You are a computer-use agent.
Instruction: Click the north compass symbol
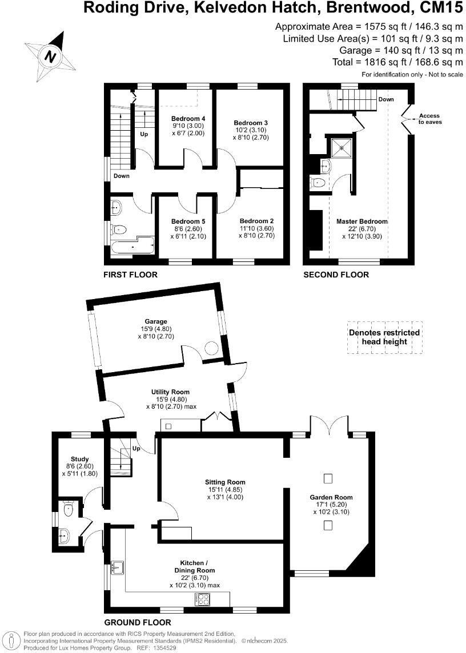(51, 56)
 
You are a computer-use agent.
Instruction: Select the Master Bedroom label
(361, 221)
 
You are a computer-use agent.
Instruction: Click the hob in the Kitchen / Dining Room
(202, 599)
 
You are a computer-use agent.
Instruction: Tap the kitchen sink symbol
(118, 567)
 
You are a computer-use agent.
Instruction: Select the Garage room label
(155, 321)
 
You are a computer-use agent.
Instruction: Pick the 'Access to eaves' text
(429, 119)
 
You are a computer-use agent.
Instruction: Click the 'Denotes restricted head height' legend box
(384, 337)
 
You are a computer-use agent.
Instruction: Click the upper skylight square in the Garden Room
(328, 477)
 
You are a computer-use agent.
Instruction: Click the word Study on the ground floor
(80, 458)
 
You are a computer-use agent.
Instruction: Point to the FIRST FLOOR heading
(130, 275)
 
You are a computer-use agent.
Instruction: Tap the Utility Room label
(170, 392)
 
